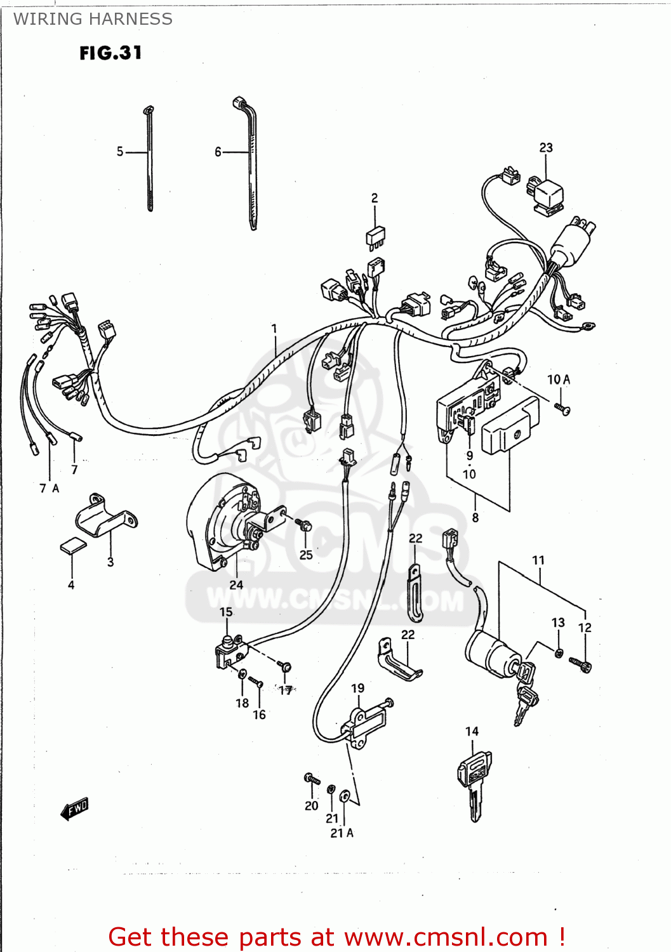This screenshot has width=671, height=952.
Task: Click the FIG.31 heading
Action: click(x=110, y=53)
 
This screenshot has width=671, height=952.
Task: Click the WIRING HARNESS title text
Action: click(x=93, y=19)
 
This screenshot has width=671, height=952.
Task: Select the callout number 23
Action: click(x=546, y=148)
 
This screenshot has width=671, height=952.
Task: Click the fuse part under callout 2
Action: click(x=375, y=236)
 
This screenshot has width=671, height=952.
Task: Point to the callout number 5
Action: click(x=120, y=152)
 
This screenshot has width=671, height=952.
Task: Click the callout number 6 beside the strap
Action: click(x=218, y=152)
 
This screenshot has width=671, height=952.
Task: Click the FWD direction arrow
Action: click(x=75, y=809)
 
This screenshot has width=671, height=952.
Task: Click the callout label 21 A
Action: click(x=342, y=833)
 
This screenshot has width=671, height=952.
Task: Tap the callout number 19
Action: click(x=358, y=688)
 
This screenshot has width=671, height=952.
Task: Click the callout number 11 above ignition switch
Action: click(x=538, y=560)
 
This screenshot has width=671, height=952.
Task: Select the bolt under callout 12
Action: click(x=581, y=664)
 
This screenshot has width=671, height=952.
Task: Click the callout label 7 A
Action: click(x=49, y=488)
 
